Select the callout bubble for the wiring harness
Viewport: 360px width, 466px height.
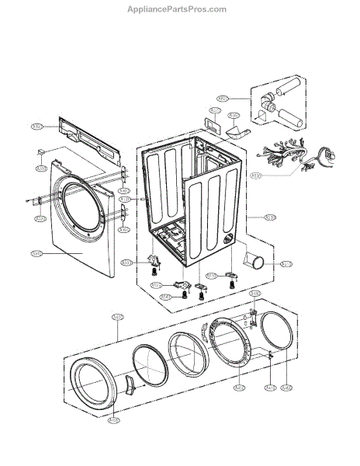pos(257,176)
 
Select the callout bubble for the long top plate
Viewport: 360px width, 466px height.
pos(36,126)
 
